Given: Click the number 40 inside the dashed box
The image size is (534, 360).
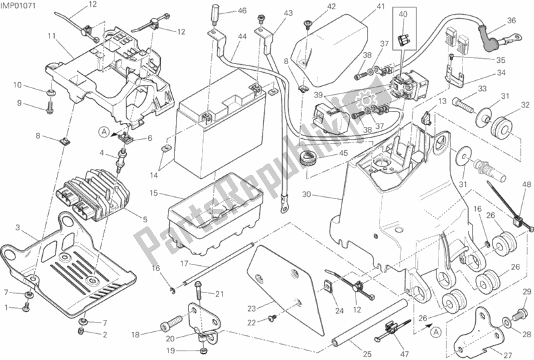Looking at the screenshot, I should click(403, 14).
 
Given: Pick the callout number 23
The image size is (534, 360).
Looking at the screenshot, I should click(251, 308).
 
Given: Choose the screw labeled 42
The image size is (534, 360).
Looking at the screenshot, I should click(307, 25).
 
